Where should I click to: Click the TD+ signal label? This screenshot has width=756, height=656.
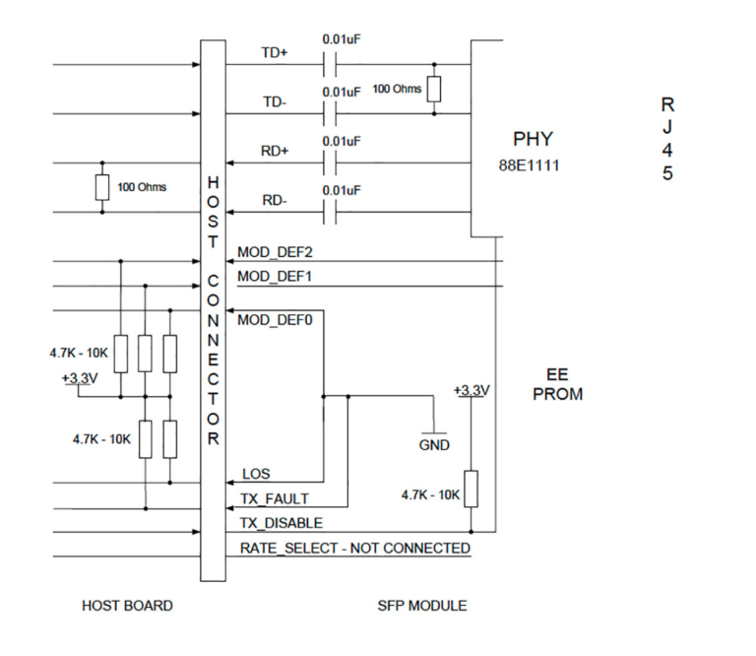click(x=275, y=53)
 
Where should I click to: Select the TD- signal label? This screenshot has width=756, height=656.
click(x=275, y=102)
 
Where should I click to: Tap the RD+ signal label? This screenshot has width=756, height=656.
click(x=275, y=151)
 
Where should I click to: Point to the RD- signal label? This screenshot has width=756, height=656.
click(x=275, y=200)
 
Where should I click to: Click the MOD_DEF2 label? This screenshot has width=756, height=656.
click(x=275, y=252)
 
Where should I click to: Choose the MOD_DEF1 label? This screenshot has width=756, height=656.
click(x=275, y=277)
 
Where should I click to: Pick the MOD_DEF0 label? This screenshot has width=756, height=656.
click(x=275, y=319)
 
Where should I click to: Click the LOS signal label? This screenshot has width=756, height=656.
click(x=256, y=474)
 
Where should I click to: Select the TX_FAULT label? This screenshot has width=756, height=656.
click(x=274, y=498)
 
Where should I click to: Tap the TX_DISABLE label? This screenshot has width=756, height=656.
click(x=281, y=523)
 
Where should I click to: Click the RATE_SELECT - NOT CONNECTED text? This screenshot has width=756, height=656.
click(x=355, y=548)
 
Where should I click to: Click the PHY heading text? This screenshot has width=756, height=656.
click(x=533, y=139)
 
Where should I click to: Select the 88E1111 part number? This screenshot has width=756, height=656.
click(x=529, y=165)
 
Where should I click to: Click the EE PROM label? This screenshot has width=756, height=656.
click(x=563, y=385)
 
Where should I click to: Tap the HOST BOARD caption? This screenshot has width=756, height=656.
click(x=127, y=606)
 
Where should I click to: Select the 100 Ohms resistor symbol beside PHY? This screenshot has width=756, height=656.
click(x=433, y=90)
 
